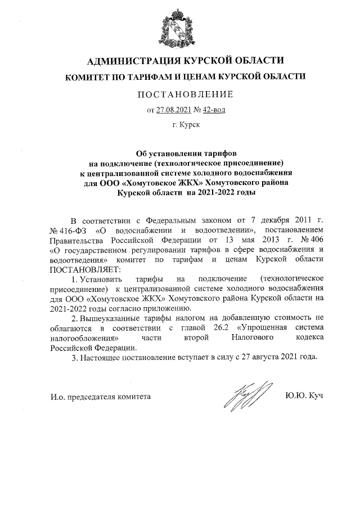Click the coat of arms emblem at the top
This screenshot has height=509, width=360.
179,28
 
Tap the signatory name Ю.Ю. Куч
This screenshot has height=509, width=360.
304,397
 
